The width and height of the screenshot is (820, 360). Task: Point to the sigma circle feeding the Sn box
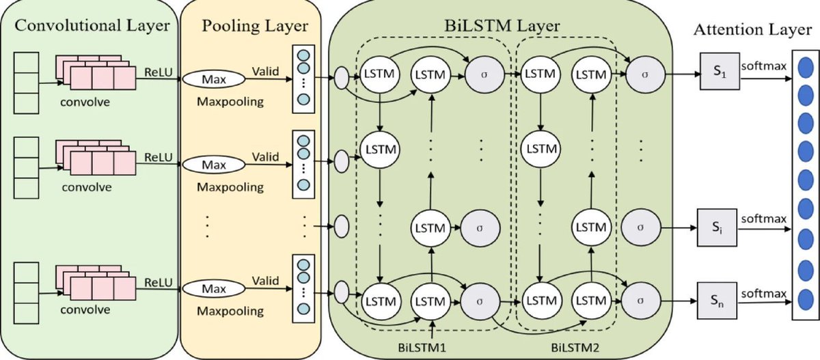click(x=642, y=300)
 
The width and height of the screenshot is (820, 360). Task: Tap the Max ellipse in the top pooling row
click(x=213, y=80)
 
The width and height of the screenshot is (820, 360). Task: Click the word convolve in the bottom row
click(x=85, y=309)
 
